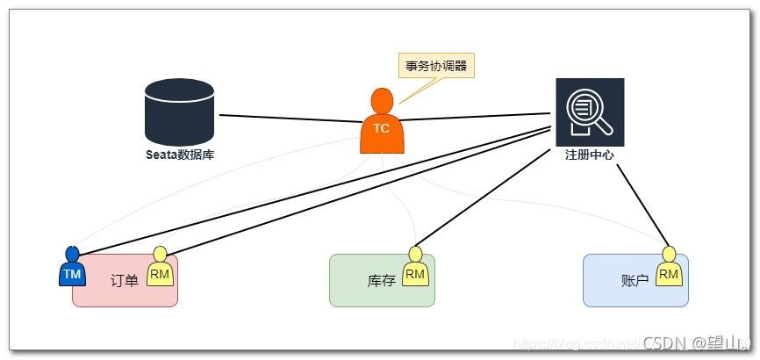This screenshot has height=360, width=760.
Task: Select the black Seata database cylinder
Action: point(180,112)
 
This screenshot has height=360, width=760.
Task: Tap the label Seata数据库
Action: point(180,155)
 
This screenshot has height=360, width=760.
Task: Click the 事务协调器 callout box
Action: point(436,66)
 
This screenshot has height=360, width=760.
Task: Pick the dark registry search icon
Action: point(590,112)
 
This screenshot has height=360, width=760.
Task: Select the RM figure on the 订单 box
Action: point(160,271)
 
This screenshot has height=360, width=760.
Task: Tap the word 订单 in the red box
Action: point(125,281)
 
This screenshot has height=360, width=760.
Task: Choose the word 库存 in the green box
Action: point(381,281)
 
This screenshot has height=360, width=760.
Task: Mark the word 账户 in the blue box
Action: point(635,281)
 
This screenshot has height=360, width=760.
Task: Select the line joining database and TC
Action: point(290,119)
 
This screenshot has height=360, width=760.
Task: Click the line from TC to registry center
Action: point(474,117)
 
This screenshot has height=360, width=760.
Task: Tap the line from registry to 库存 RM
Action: point(483,195)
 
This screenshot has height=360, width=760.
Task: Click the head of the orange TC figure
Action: point(382,100)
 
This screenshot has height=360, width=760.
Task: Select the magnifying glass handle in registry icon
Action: point(606,128)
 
